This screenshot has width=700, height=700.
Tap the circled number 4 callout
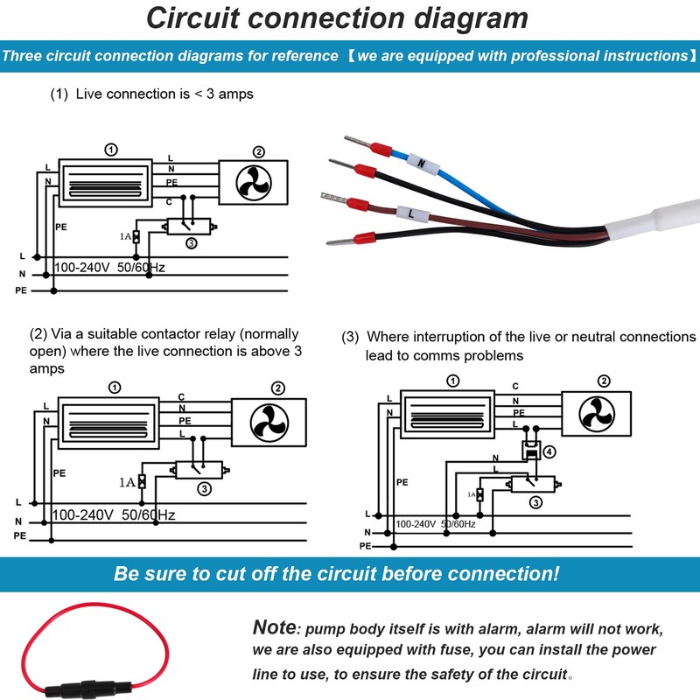549,452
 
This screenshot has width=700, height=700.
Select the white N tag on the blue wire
421,163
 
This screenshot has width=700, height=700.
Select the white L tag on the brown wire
409,213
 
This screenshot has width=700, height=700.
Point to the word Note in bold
274,627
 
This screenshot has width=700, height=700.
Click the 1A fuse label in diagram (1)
124,236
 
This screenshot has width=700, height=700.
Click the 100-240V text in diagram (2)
85,515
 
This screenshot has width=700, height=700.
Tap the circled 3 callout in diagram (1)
191,242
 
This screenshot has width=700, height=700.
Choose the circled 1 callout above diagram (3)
452,381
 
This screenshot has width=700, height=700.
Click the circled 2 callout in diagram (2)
278,388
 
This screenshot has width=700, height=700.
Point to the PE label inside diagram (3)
402,482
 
